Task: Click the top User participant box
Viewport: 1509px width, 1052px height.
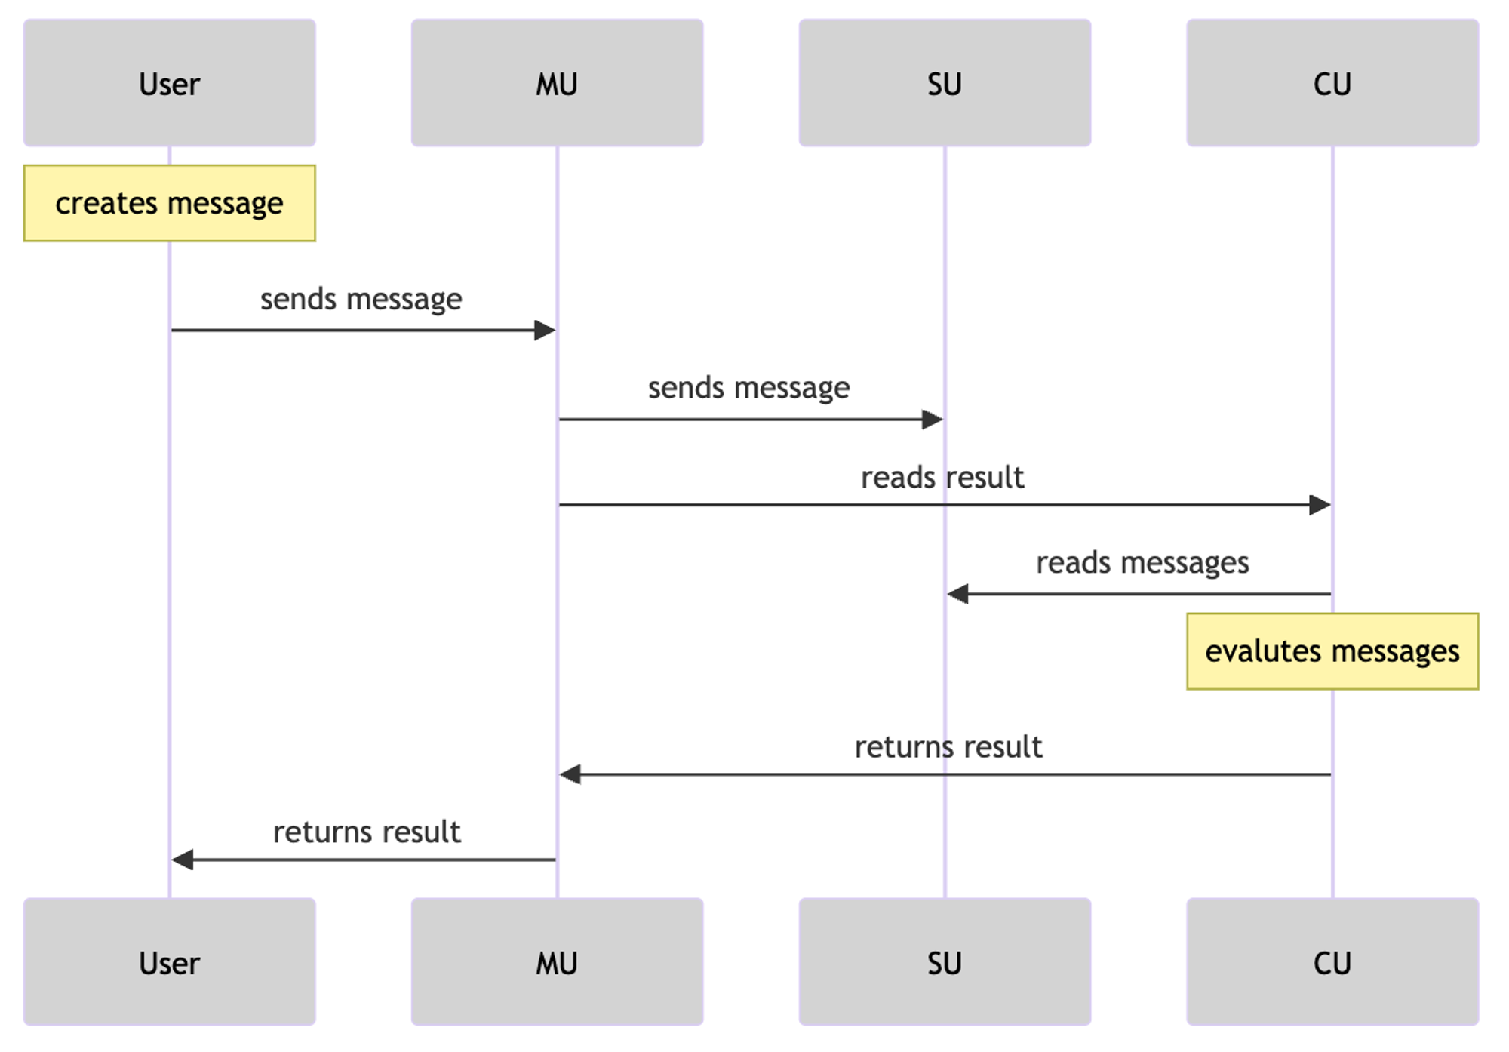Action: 170,83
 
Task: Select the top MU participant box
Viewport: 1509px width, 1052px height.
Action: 558,83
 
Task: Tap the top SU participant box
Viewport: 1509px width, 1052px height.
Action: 945,83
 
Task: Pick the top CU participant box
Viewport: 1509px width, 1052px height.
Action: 1332,83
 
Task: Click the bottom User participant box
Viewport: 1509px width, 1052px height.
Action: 170,961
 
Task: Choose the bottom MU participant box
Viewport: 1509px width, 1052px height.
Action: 558,961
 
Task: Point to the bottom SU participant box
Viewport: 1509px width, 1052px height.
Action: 945,961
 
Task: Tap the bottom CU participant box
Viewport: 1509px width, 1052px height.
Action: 1332,961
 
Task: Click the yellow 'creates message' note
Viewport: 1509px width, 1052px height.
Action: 170,203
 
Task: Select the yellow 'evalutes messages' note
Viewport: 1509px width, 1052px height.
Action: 1332,651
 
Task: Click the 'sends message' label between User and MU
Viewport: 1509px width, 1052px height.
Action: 361,300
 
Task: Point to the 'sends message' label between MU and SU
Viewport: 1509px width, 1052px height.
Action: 749,388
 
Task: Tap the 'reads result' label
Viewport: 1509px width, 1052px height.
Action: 942,478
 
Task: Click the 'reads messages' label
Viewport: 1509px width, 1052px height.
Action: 1142,563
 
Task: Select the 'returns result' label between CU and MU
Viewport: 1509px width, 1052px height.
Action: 948,747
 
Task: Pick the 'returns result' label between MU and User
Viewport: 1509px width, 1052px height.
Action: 367,832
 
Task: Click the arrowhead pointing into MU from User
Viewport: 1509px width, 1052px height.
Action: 545,331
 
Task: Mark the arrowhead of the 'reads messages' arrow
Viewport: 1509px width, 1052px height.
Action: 958,595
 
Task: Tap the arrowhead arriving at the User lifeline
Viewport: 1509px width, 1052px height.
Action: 183,860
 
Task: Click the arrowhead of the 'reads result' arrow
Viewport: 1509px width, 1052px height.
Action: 1320,505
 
